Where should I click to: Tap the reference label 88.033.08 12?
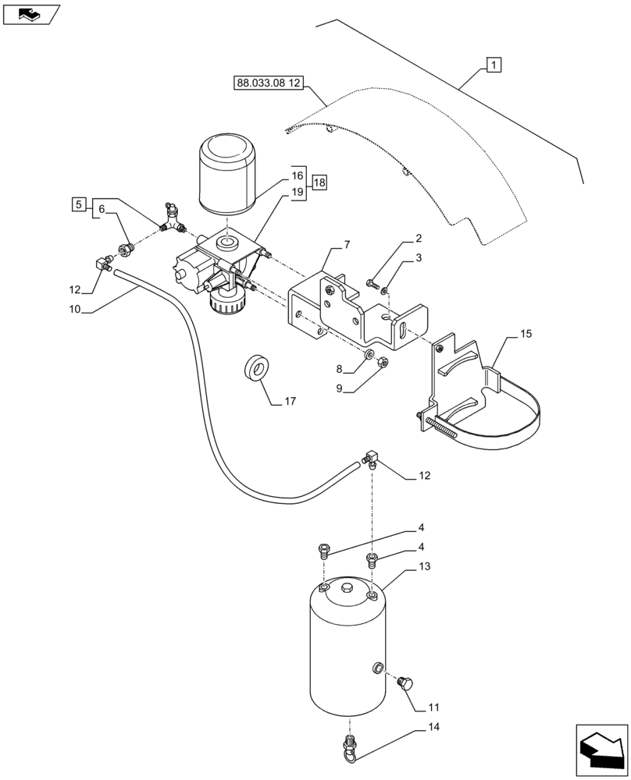coord(268,83)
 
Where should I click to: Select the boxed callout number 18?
coord(318,183)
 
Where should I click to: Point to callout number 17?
coord(289,402)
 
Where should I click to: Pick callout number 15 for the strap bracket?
coord(526,334)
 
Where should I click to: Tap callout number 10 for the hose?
coord(75,309)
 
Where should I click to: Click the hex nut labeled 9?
coord(383,363)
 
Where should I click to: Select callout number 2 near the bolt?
coord(419,239)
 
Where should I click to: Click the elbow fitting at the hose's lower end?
coord(370,460)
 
